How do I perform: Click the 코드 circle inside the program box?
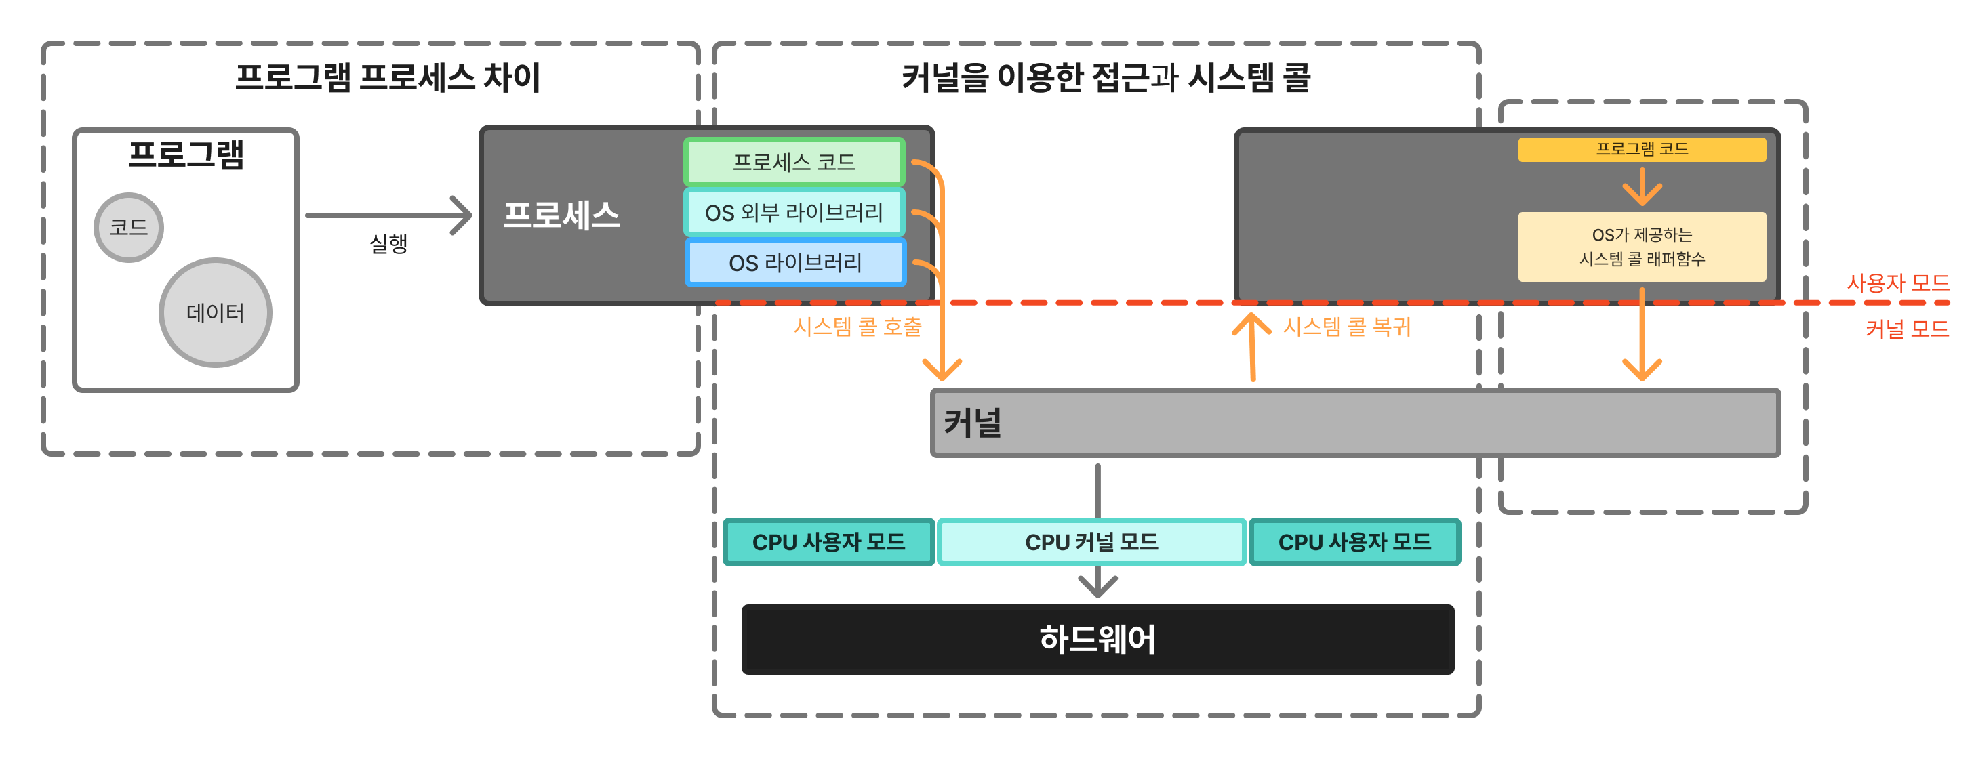[129, 228]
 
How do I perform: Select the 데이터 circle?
[216, 312]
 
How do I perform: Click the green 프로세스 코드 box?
[794, 162]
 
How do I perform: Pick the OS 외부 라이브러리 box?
[794, 212]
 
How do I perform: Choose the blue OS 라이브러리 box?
[794, 263]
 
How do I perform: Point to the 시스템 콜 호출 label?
[857, 327]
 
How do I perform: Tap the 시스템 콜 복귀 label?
[1346, 327]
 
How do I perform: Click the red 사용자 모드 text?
[1897, 283]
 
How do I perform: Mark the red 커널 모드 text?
[1907, 329]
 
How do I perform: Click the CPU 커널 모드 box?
[1091, 542]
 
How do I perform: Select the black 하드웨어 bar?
[1097, 640]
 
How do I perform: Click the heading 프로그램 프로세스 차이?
[388, 78]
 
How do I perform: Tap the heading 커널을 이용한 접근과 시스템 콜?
[1106, 78]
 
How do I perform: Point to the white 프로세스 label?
[561, 215]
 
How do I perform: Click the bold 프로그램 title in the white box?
[186, 154]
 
